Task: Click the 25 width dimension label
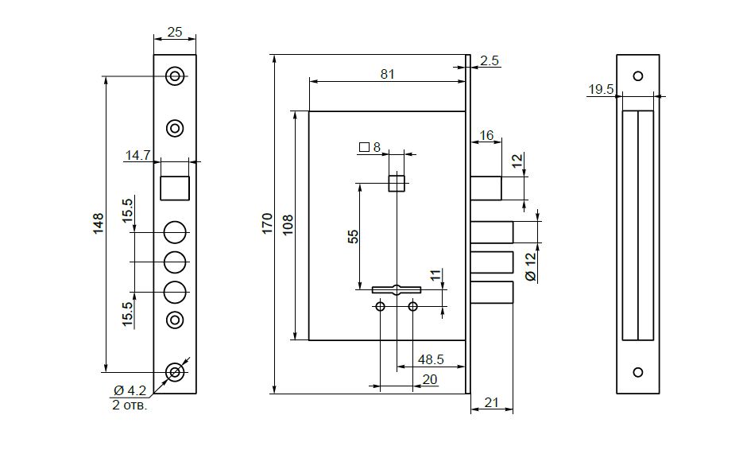(x=175, y=32)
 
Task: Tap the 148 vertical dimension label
(x=98, y=223)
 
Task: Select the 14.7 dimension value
(x=137, y=155)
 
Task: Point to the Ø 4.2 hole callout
(x=130, y=391)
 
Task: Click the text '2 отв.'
(x=130, y=405)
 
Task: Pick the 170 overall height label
(x=267, y=223)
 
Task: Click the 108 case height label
(x=288, y=225)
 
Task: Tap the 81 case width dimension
(x=387, y=75)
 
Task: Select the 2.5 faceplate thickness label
(x=490, y=60)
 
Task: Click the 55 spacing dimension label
(x=353, y=236)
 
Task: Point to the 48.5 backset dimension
(x=431, y=359)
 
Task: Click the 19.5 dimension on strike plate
(x=601, y=89)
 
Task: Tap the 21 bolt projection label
(x=491, y=403)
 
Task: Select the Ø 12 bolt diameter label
(x=530, y=266)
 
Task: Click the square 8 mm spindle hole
(x=397, y=184)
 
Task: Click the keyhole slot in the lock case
(x=397, y=289)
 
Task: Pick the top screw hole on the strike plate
(x=638, y=76)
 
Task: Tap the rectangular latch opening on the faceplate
(x=174, y=188)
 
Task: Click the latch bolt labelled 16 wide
(x=486, y=188)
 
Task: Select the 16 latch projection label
(x=486, y=135)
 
